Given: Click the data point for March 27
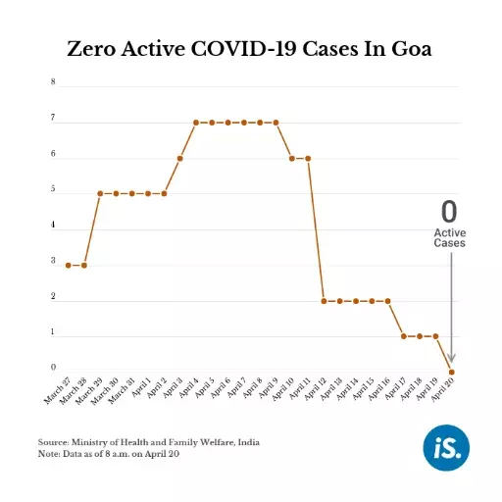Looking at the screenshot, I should [68, 265].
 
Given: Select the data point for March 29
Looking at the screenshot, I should [100, 193].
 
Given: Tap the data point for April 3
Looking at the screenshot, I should [179, 158].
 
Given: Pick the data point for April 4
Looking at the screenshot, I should [196, 123].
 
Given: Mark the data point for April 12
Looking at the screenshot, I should [324, 301].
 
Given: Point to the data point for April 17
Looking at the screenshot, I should [403, 336].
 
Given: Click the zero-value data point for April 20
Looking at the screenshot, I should [451, 372].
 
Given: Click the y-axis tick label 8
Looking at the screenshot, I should [53, 82].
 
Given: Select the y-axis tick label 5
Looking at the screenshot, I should [53, 190].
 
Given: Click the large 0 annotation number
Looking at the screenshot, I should [449, 211].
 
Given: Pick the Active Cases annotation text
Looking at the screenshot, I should [450, 237].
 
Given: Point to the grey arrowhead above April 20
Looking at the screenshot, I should [451, 361].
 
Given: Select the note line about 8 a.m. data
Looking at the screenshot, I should [123, 453].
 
